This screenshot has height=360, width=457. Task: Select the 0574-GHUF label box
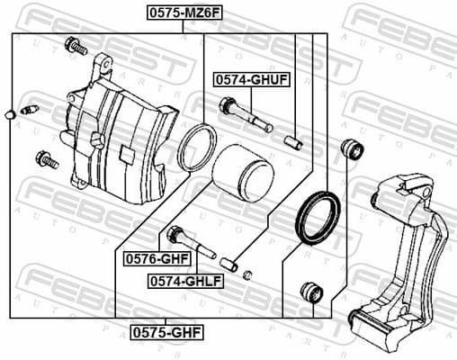coord(251,80)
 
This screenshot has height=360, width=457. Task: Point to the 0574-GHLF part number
coord(185,280)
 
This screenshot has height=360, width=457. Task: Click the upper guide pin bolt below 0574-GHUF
coord(243,116)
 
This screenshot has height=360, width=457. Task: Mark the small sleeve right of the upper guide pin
coord(292,140)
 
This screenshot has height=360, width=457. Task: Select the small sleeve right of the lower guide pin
coord(229,264)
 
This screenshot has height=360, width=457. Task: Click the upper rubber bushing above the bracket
coord(352,148)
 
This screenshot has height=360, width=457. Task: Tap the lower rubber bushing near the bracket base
coord(310,292)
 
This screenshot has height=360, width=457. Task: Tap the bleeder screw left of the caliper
coord(27,110)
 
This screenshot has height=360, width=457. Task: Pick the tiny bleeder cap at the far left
coord(8,114)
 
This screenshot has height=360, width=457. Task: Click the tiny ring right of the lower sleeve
coord(249,274)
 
